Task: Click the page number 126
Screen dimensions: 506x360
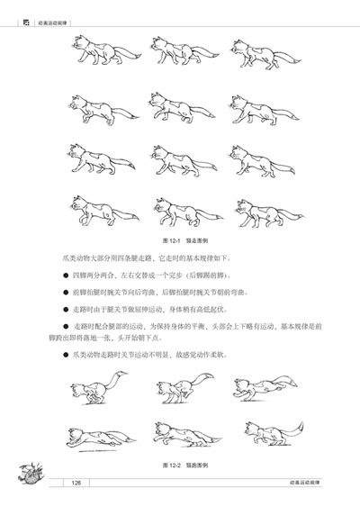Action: click(x=76, y=484)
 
